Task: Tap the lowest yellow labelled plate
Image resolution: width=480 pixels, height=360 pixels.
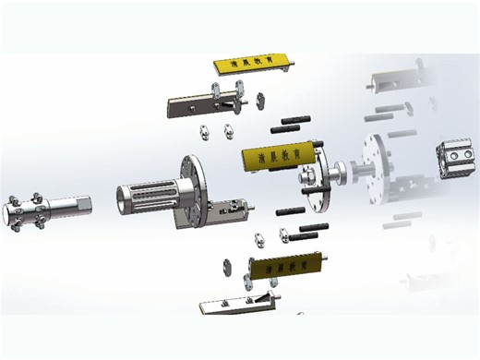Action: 286,270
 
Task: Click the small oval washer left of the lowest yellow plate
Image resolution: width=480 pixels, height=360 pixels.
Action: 224,267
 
